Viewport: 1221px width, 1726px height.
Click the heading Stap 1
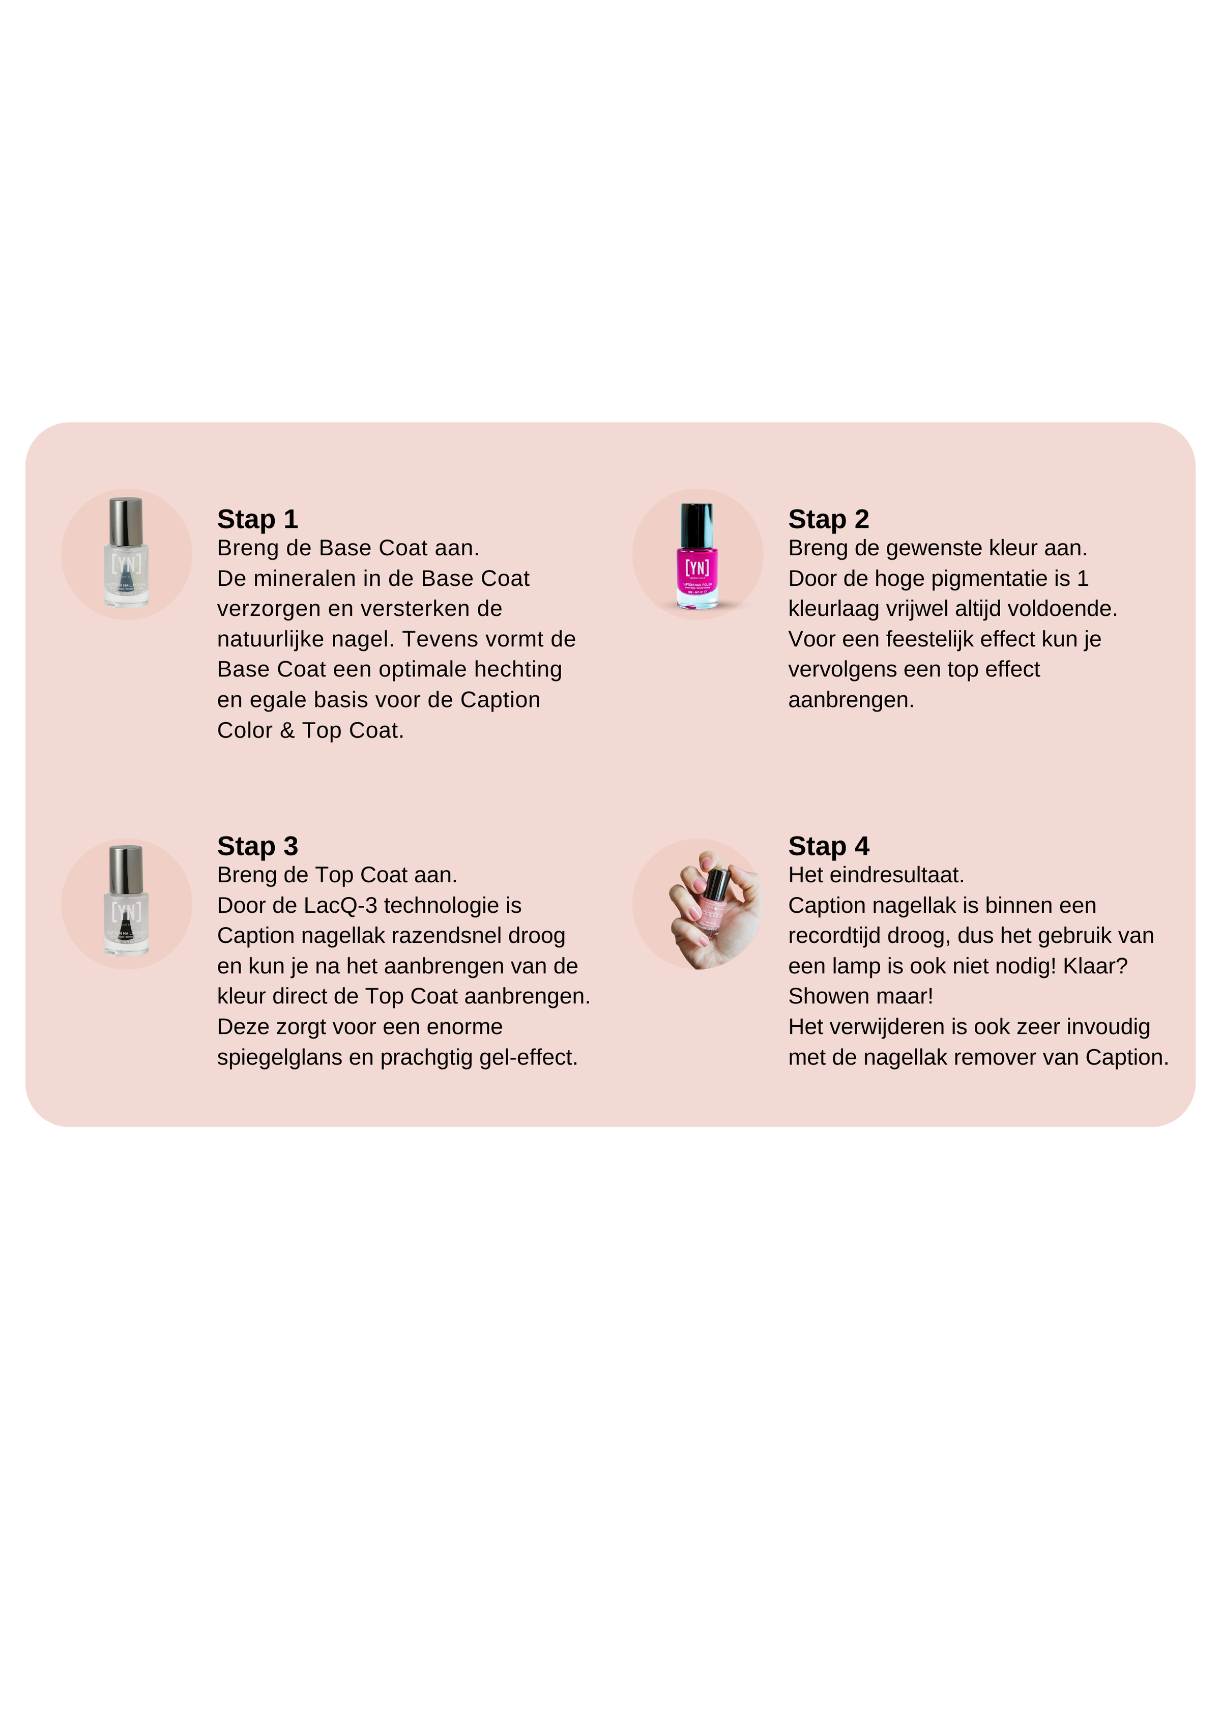click(258, 519)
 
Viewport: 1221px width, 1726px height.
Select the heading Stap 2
click(829, 519)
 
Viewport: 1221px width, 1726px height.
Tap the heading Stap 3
click(258, 846)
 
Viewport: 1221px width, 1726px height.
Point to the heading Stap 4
click(829, 846)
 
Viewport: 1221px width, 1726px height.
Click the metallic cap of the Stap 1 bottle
click(126, 522)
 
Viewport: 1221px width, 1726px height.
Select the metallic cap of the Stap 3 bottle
click(126, 870)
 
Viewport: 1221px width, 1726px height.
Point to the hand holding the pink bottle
click(714, 910)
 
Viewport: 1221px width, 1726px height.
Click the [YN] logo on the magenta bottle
click(697, 568)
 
